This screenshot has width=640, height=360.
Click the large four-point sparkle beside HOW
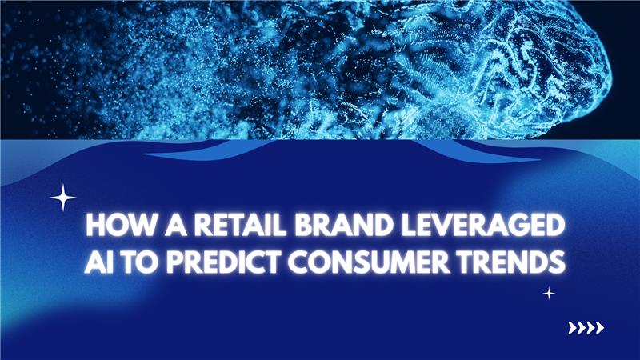pos(63,197)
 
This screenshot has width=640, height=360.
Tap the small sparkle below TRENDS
pos(549,294)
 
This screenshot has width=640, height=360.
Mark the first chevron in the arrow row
pos(571,326)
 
